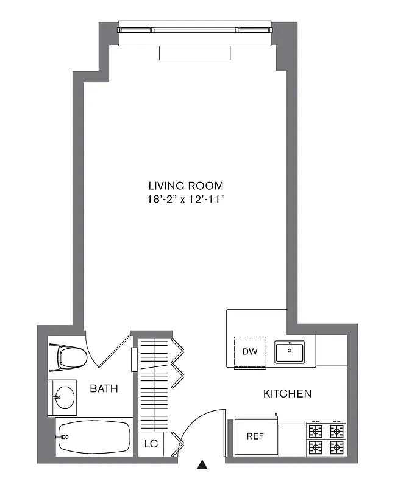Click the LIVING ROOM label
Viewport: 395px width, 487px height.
(186, 186)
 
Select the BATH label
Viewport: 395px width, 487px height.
(104, 388)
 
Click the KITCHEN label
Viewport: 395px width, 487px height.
(287, 394)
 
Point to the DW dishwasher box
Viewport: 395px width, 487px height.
(250, 352)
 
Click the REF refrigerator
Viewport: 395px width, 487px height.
(255, 436)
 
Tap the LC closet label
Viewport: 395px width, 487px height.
(151, 444)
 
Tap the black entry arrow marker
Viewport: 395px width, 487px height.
(202, 466)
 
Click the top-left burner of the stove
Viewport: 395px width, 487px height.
(316, 430)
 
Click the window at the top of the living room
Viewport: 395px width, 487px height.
(194, 29)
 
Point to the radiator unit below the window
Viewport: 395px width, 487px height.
(195, 53)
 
